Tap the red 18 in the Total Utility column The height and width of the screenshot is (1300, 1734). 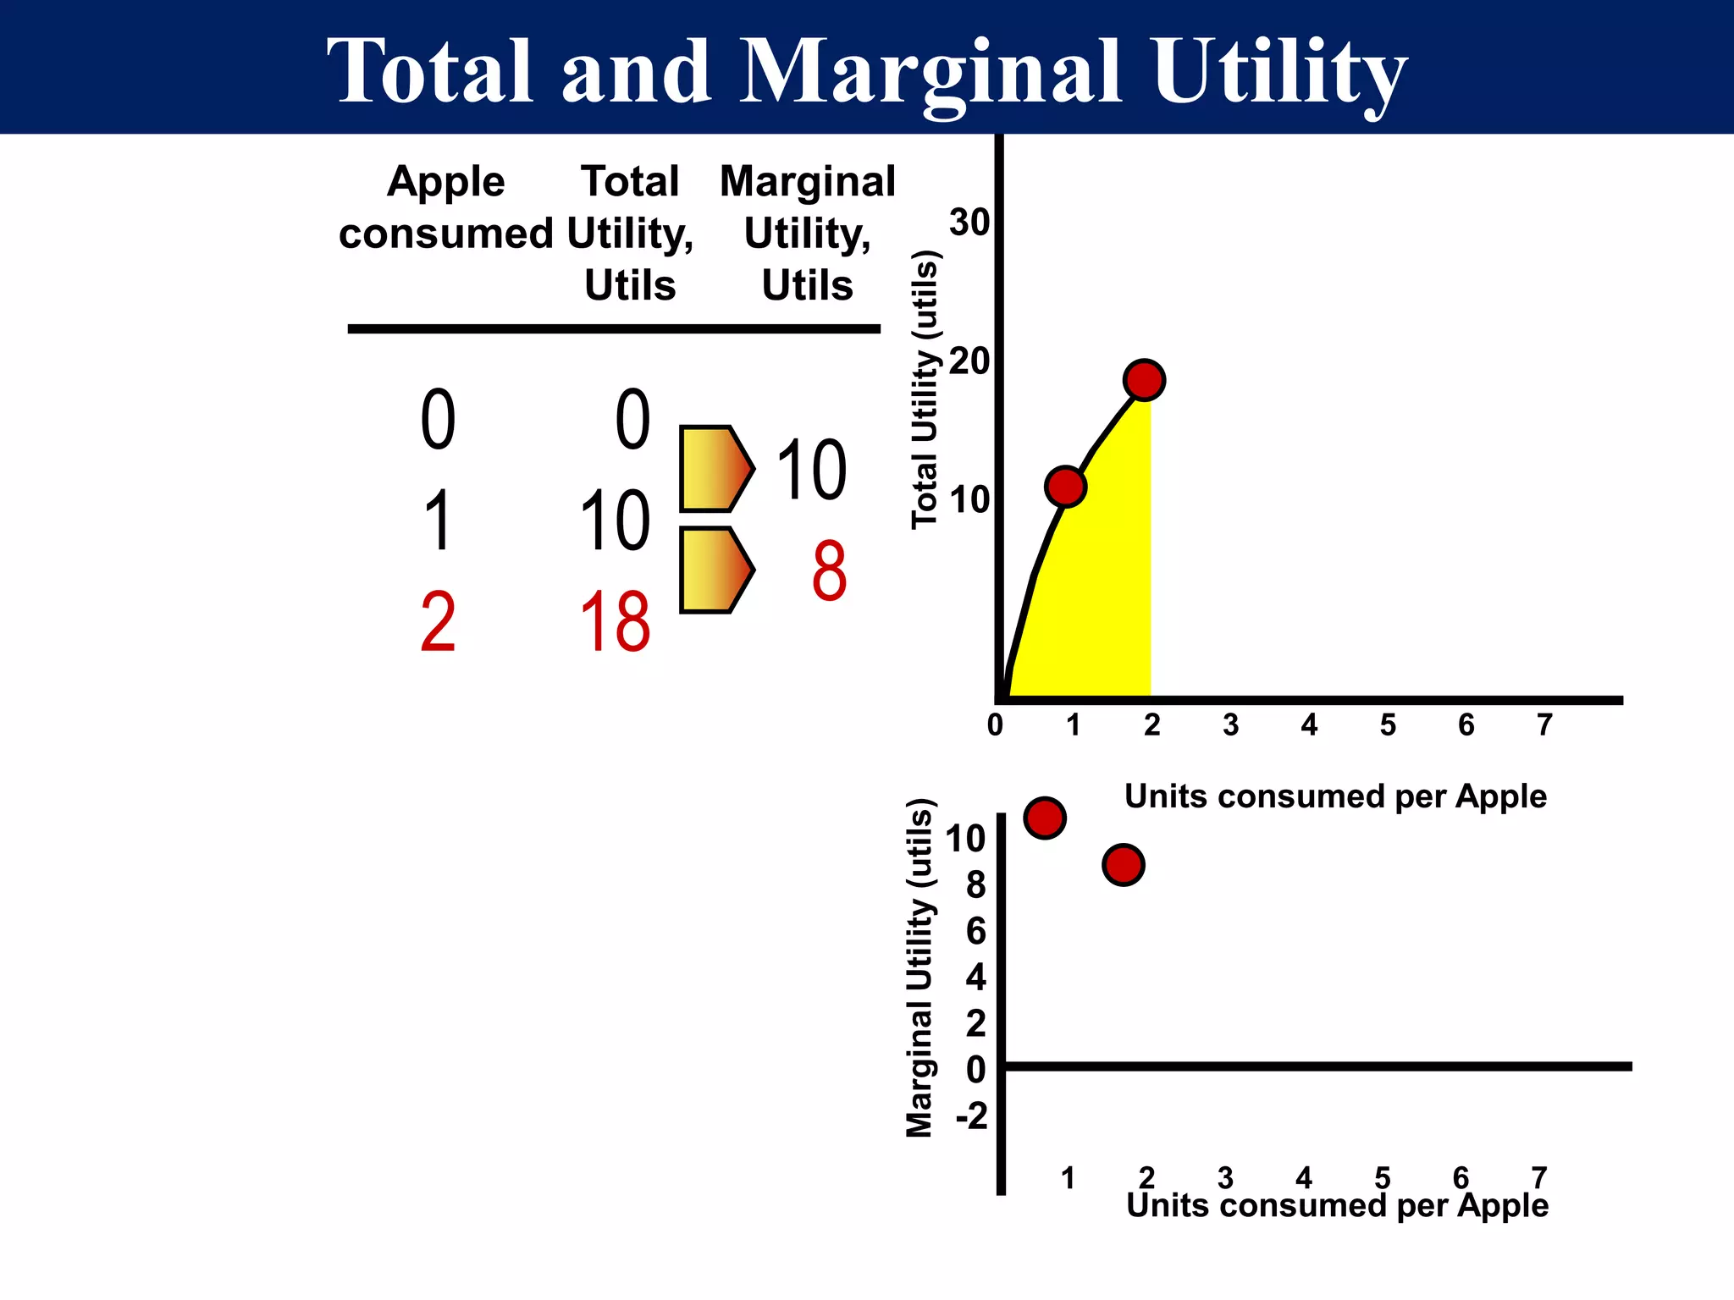[x=616, y=623]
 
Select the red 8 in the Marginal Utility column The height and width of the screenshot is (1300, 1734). [x=829, y=571]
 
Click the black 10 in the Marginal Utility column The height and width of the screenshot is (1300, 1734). [x=810, y=471]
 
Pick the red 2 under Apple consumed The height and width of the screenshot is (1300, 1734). [x=438, y=623]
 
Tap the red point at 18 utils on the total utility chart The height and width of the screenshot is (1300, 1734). [x=1144, y=380]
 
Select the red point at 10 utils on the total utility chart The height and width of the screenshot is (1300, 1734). [x=1065, y=486]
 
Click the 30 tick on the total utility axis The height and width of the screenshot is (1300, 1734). [x=969, y=223]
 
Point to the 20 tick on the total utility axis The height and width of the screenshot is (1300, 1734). [x=969, y=361]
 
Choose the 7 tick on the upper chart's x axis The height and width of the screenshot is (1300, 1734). [x=1544, y=725]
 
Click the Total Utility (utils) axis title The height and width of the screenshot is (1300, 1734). [x=925, y=390]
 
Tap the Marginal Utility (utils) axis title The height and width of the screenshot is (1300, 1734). [x=919, y=967]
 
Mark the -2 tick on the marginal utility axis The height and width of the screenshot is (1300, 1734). [x=972, y=1116]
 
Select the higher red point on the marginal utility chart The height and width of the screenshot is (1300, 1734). [x=1045, y=818]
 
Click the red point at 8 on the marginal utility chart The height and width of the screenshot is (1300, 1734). [x=1123, y=865]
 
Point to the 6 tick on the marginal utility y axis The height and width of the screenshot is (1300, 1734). [x=976, y=931]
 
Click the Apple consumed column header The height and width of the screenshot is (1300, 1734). [x=445, y=207]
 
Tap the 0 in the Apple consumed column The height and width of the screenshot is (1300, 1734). [x=438, y=420]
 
